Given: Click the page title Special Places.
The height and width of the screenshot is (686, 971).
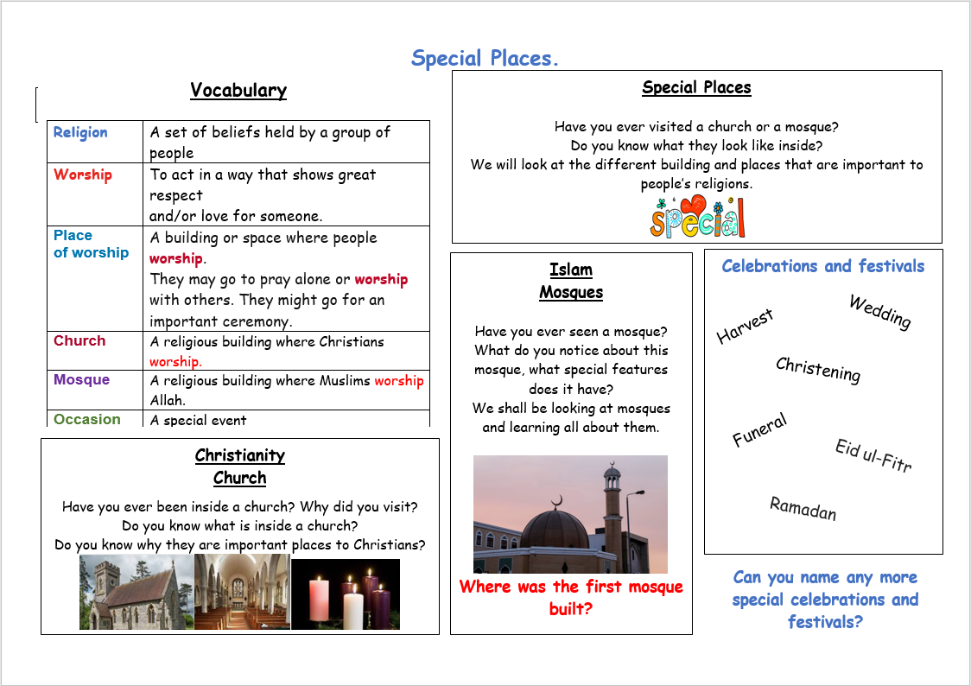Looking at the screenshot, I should pyautogui.click(x=485, y=59).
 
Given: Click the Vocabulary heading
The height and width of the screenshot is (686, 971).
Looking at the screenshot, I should pyautogui.click(x=238, y=91).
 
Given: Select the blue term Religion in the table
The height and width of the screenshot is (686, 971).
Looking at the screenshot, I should pyautogui.click(x=80, y=132).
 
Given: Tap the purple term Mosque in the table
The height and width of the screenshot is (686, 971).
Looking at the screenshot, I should pyautogui.click(x=81, y=380).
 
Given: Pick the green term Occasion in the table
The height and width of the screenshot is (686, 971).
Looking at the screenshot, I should pyautogui.click(x=87, y=419).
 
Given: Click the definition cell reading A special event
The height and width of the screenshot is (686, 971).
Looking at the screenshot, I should pyautogui.click(x=198, y=420).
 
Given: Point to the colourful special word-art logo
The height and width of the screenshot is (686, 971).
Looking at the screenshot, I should pyautogui.click(x=697, y=217).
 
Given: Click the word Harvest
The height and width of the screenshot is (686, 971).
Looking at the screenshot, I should pyautogui.click(x=745, y=326).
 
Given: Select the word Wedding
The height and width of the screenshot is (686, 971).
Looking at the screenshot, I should pyautogui.click(x=879, y=312).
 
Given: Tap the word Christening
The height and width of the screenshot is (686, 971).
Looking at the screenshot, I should pyautogui.click(x=818, y=369).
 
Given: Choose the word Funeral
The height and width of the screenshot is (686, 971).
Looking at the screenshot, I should pyautogui.click(x=759, y=430).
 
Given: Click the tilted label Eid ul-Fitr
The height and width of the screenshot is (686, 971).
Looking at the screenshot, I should pyautogui.click(x=873, y=455).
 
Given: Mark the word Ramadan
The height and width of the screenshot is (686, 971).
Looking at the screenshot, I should pyautogui.click(x=803, y=508).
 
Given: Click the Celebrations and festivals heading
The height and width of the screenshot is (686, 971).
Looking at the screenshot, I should pyautogui.click(x=822, y=266).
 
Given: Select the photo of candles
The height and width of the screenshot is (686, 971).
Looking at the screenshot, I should pyautogui.click(x=346, y=594).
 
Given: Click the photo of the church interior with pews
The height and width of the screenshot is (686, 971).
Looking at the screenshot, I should pyautogui.click(x=242, y=593).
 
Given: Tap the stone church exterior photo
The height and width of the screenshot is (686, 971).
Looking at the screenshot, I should pyautogui.click(x=136, y=593).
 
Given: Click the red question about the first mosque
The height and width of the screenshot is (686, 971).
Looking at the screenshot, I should pyautogui.click(x=571, y=597).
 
